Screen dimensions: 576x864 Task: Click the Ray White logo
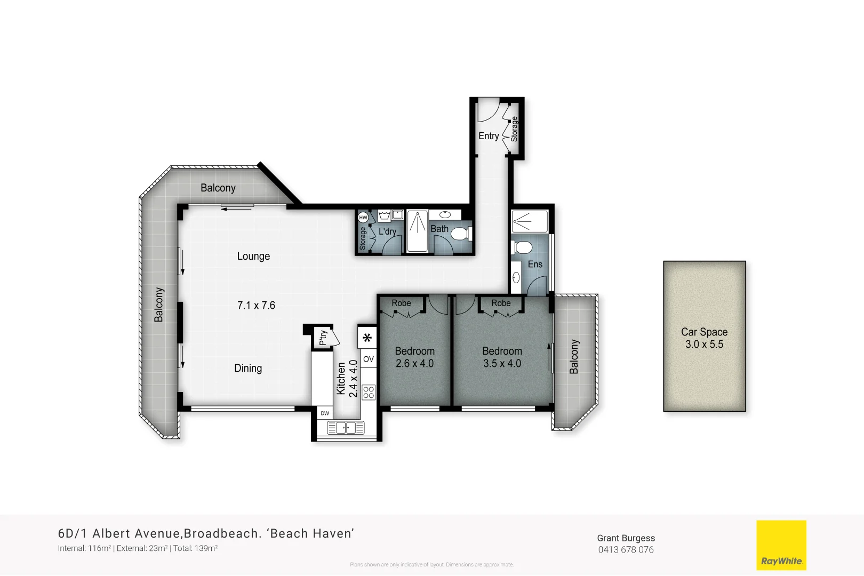tap(781, 546)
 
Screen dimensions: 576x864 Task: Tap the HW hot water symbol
tap(363, 218)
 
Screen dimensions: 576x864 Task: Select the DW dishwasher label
tap(325, 413)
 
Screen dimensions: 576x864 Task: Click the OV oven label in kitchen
tap(369, 359)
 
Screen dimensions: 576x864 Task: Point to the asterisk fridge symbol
tap(367, 338)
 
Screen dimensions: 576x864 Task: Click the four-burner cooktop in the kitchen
tap(369, 393)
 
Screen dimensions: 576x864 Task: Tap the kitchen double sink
tap(346, 427)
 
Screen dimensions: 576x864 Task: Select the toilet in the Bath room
tap(461, 234)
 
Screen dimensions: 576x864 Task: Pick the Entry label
tap(489, 136)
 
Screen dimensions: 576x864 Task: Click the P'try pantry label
tap(323, 338)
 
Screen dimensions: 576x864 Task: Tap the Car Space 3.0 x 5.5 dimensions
tap(704, 345)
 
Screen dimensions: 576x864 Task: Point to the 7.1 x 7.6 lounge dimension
tap(256, 306)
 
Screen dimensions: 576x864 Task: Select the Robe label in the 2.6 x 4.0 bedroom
tap(401, 303)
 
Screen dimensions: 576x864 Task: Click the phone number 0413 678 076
tap(626, 550)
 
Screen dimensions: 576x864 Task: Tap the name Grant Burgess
tap(626, 538)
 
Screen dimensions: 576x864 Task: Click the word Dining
tap(248, 368)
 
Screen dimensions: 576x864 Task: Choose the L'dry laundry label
tap(387, 231)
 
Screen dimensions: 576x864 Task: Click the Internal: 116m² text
tap(84, 548)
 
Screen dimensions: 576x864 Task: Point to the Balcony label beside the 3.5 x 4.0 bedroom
tap(574, 356)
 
